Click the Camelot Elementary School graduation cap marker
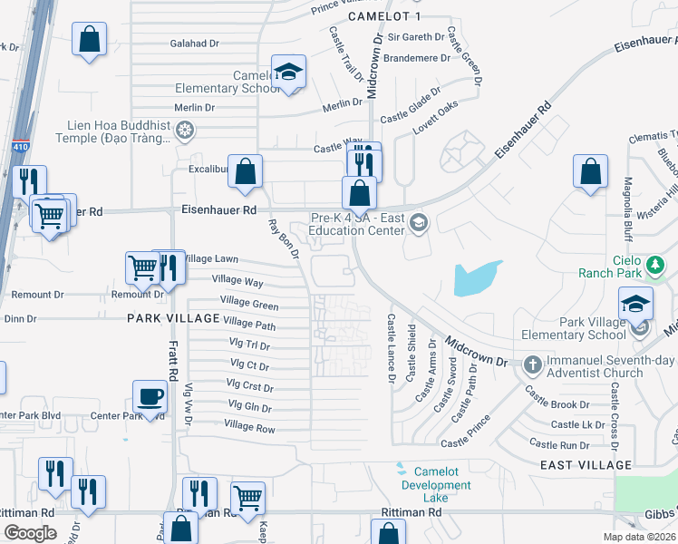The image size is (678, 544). (x=289, y=72)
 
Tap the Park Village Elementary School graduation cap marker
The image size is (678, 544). (x=636, y=303)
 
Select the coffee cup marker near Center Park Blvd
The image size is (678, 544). (x=150, y=396)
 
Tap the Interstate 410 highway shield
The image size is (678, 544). (x=20, y=145)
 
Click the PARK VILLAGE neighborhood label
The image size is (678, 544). (x=173, y=318)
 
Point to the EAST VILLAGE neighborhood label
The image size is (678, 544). (x=585, y=465)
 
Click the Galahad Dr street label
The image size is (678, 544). (x=195, y=43)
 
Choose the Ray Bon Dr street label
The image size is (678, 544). (x=283, y=239)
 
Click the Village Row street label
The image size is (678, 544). (x=249, y=426)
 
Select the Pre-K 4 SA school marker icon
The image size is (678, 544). (x=418, y=221)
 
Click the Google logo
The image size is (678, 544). (x=31, y=533)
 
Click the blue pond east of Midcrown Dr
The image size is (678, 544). (x=476, y=278)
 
